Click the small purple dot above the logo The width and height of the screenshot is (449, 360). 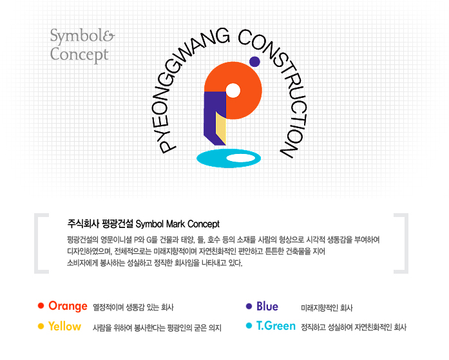[254, 62]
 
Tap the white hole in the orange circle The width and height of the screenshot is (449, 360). [233, 90]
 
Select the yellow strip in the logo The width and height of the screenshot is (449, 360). [221, 128]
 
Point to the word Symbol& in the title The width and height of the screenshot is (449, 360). [82, 36]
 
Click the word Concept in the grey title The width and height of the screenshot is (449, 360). [79, 55]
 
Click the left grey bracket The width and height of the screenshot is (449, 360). [36, 243]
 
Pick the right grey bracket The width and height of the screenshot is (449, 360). [406, 243]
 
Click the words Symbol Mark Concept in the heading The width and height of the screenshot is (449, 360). [178, 224]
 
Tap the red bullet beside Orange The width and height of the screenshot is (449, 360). [41, 306]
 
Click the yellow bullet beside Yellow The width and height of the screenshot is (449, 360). [41, 327]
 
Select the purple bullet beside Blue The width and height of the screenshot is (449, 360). [249, 306]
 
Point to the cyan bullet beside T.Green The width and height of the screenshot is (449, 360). [249, 326]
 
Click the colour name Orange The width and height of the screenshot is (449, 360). [68, 306]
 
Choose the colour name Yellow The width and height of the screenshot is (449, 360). [64, 327]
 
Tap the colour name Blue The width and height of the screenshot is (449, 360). [267, 306]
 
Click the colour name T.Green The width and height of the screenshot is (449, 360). [276, 326]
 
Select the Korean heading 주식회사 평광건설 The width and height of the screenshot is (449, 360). [100, 223]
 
